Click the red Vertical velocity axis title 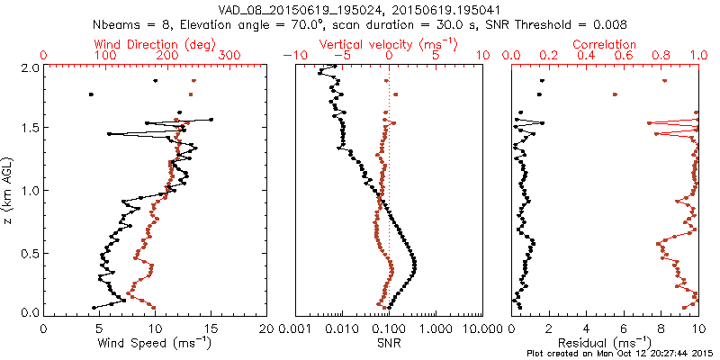pos(388,44)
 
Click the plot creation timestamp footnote pos(621,354)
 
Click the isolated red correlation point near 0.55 pos(615,94)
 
